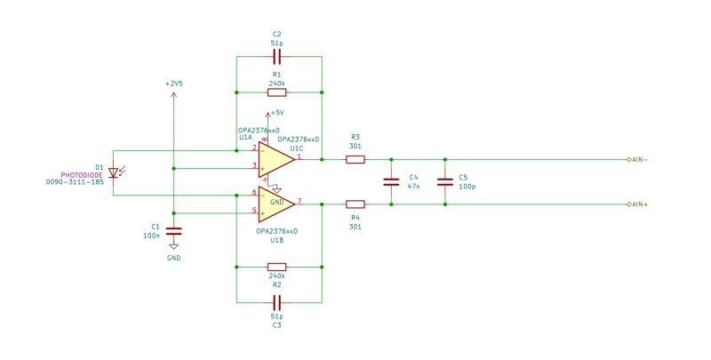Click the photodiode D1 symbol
click(x=114, y=173)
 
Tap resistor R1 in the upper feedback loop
click(x=277, y=92)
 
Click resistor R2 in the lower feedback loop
click(x=277, y=266)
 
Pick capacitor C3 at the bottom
click(x=277, y=301)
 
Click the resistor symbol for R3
click(x=355, y=160)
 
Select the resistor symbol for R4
click(x=355, y=204)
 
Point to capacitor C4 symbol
click(x=390, y=182)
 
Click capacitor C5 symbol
click(x=445, y=182)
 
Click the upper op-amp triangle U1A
click(x=276, y=159)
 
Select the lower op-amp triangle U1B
click(x=276, y=204)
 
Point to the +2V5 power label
click(x=174, y=83)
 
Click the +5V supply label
click(x=276, y=113)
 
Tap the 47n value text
click(x=413, y=188)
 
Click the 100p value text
click(x=467, y=188)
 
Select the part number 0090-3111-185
click(x=75, y=181)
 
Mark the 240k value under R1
click(x=276, y=83)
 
